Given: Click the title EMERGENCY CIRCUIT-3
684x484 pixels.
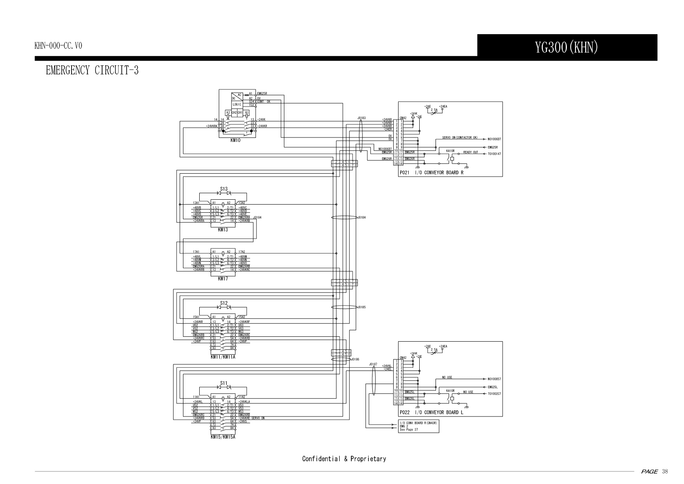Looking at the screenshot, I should tap(92, 71).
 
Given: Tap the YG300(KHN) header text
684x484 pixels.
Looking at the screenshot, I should tap(566, 48).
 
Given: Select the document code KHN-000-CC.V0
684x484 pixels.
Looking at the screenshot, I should tap(58, 46).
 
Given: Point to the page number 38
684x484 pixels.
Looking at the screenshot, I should tap(665, 472).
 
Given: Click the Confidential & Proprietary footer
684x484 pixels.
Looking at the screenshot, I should tap(344, 459).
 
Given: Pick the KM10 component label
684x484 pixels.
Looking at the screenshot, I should tap(235, 140).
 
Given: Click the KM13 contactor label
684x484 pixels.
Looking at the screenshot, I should tap(223, 230).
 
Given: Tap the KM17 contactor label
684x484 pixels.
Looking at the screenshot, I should tap(223, 279).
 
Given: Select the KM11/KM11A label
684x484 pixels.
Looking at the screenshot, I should tap(223, 357).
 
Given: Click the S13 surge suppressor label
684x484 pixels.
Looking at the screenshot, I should tap(224, 189).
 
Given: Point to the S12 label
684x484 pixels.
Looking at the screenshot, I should tap(224, 303).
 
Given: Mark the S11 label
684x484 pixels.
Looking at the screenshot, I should tap(224, 383).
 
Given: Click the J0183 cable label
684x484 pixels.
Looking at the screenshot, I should tap(362, 118).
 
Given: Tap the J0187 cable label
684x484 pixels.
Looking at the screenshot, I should tap(373, 364).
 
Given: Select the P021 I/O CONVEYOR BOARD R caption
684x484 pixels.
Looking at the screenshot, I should tap(431, 172).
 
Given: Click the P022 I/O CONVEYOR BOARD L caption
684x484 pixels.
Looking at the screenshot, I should tap(431, 412).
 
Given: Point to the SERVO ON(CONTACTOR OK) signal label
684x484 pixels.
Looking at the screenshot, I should tap(460, 137).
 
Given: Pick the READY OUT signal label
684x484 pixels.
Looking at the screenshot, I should tap(471, 152).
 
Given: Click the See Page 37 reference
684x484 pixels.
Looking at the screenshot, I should tap(409, 429).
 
